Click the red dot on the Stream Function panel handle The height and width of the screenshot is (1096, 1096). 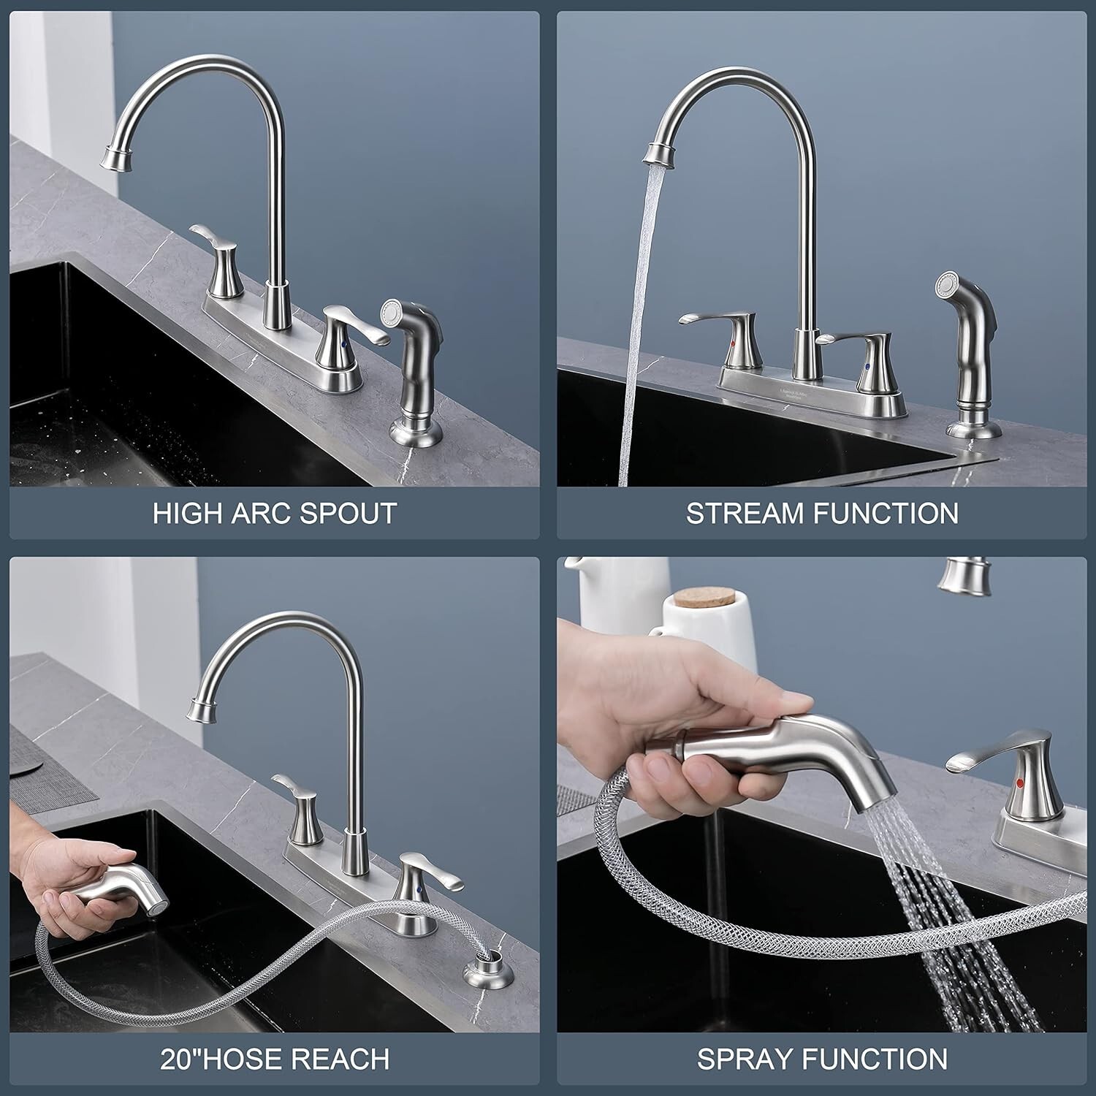click(x=734, y=343)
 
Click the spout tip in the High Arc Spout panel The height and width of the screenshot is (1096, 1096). click(x=118, y=156)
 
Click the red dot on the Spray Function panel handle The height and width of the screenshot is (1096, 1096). click(x=1019, y=783)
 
